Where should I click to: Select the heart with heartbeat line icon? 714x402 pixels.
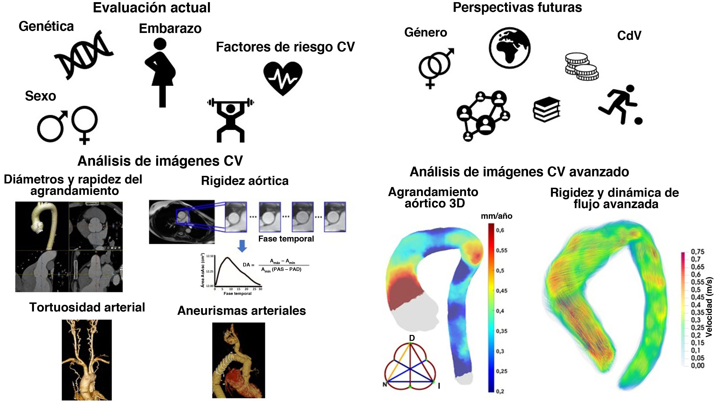283,78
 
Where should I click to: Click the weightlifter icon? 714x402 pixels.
230,119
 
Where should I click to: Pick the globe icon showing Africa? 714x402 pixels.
509,48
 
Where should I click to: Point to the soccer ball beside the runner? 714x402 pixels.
638,121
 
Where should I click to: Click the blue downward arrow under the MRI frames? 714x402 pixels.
242,246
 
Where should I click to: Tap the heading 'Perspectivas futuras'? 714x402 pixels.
517,8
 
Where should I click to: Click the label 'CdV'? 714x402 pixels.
629,36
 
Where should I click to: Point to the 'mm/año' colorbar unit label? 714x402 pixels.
496,216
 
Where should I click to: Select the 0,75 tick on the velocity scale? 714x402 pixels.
697,252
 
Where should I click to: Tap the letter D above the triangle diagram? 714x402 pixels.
412,338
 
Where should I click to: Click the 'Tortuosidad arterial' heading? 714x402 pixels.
87,307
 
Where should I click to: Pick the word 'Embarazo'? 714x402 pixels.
170,28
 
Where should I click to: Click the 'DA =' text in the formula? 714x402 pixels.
248,265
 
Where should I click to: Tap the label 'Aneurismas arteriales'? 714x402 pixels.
241,311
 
